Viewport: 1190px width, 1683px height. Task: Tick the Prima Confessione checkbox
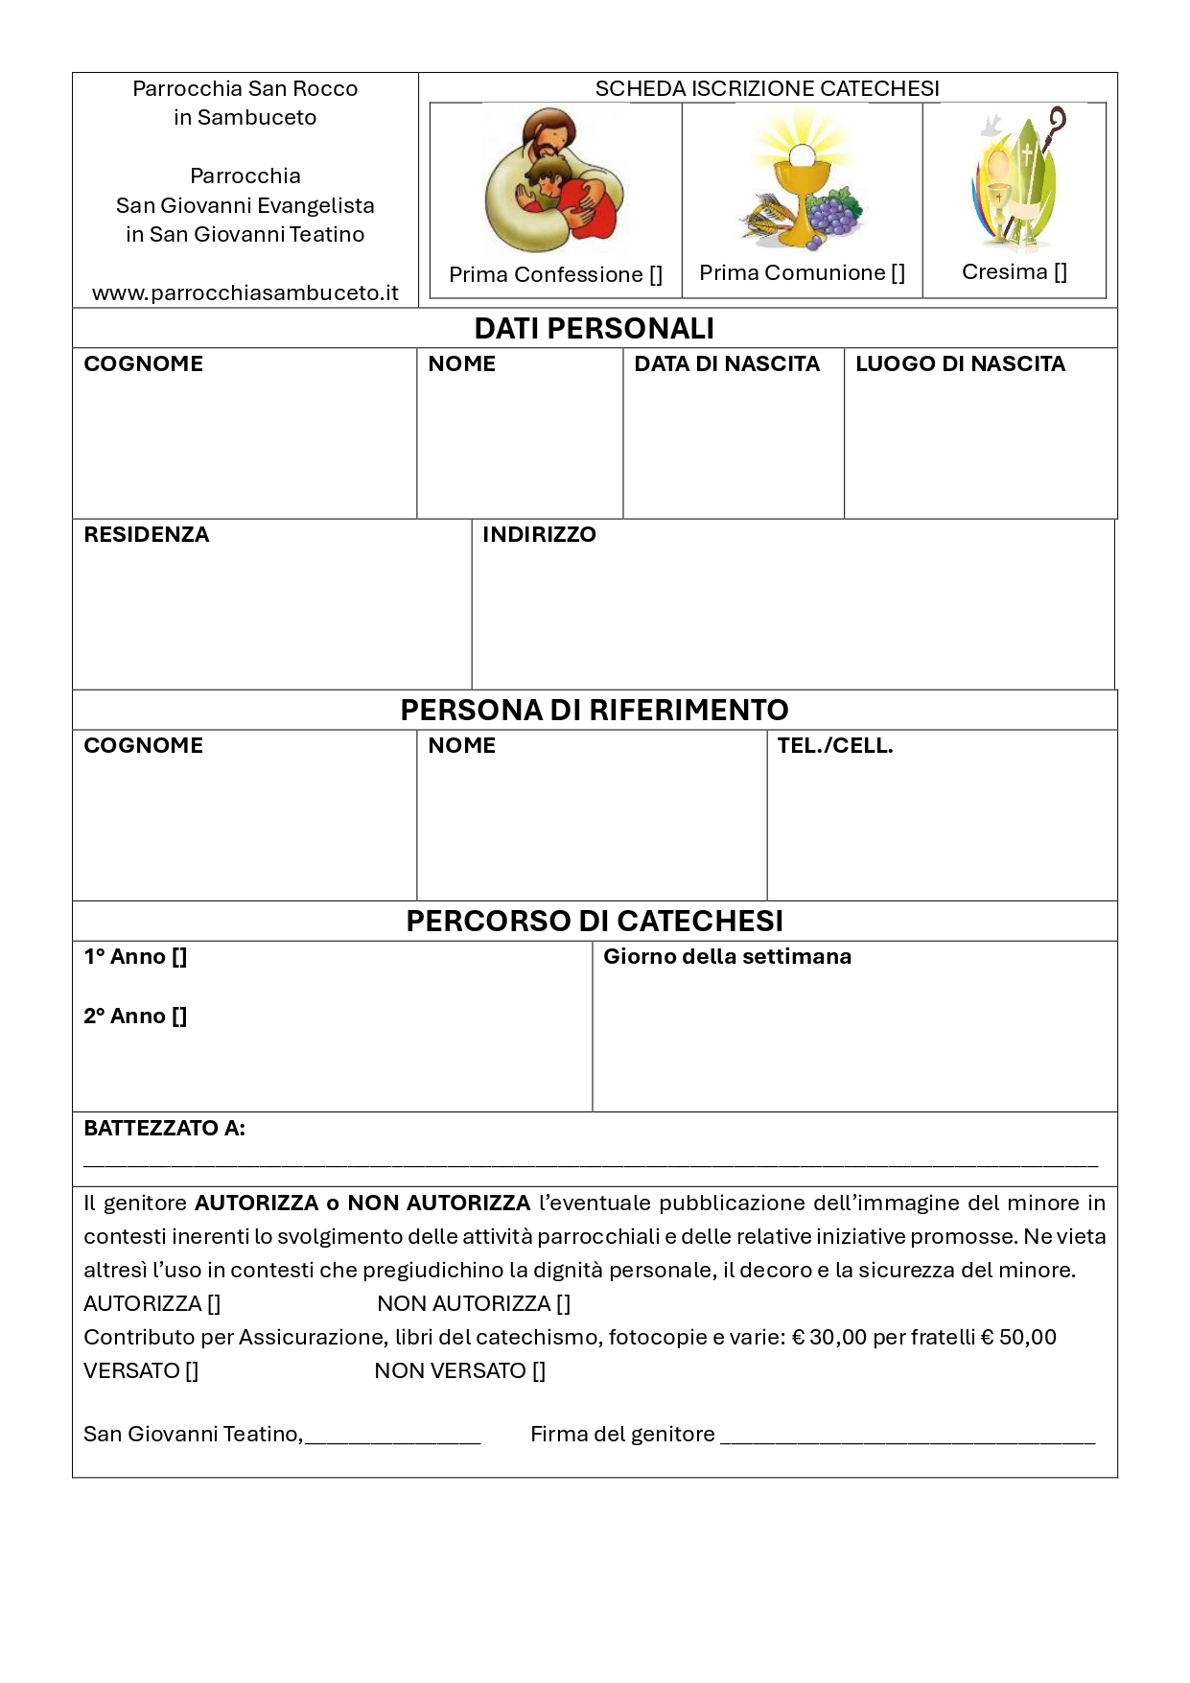[656, 275]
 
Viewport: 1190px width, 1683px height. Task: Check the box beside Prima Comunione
[898, 273]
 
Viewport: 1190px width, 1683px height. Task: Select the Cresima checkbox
[1060, 272]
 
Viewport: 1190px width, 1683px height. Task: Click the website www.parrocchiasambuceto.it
[245, 293]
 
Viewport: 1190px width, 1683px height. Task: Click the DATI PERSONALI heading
[594, 328]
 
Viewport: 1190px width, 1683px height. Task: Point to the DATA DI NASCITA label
[727, 364]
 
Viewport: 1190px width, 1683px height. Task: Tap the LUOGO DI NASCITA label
[960, 364]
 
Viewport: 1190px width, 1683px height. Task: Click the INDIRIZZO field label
[539, 535]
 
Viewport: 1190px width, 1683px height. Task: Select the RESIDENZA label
[147, 535]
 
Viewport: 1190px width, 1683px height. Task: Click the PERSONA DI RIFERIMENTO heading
[594, 710]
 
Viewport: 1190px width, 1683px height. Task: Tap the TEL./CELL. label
[835, 746]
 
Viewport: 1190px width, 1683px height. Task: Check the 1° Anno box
[179, 957]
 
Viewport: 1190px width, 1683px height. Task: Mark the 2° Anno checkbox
[179, 1017]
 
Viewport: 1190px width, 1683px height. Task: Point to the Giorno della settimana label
[727, 957]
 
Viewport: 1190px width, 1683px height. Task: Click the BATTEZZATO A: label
[164, 1129]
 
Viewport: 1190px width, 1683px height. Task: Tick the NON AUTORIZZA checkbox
[563, 1304]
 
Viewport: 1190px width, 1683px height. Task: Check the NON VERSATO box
[539, 1371]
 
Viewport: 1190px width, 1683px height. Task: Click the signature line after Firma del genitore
[906, 1438]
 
